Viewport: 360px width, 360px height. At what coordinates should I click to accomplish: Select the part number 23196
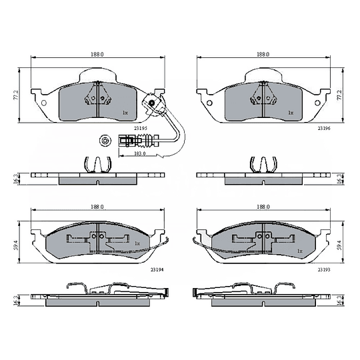[324, 129]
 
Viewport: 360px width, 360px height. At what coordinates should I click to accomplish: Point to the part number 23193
[324, 269]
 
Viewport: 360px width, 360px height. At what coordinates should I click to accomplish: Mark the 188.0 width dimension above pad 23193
[263, 207]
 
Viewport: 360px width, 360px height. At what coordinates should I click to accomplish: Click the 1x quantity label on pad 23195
[125, 113]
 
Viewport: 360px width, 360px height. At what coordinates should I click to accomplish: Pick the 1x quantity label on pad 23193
[300, 251]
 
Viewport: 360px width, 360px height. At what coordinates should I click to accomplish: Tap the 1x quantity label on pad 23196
[291, 113]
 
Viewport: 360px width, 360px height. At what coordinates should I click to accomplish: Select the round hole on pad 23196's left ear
[209, 103]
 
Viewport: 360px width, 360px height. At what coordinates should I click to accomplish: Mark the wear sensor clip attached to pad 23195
[153, 103]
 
